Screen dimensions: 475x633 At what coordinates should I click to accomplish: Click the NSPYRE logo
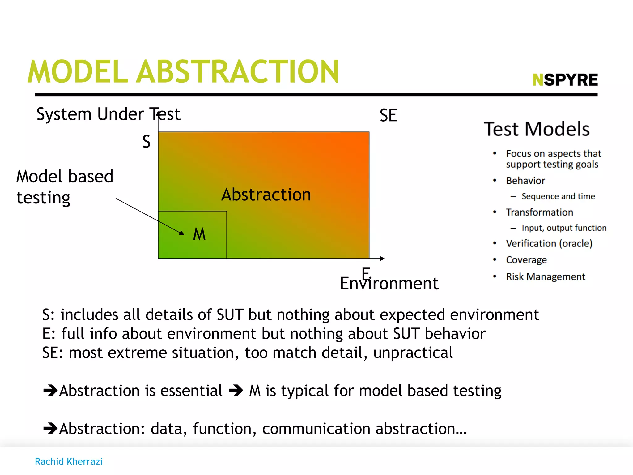click(565, 80)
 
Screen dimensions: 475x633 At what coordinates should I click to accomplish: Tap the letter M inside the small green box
click(199, 234)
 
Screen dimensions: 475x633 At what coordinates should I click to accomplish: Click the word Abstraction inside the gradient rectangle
click(266, 195)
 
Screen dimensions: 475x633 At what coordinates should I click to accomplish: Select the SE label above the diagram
click(388, 115)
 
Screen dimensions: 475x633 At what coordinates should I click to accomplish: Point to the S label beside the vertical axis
click(147, 142)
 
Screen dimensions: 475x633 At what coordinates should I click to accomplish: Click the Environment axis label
click(389, 283)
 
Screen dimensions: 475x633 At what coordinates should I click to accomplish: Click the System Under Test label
click(108, 114)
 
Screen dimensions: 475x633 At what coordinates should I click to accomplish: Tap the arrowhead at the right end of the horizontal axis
click(382, 259)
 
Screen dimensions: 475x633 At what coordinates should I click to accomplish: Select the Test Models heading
click(537, 129)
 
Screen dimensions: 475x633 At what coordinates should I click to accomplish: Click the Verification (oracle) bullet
click(549, 243)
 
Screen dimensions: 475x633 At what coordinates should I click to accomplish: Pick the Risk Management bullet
click(546, 276)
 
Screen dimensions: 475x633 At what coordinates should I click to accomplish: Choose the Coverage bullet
click(526, 260)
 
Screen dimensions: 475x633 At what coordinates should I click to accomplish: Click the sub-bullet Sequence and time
click(558, 196)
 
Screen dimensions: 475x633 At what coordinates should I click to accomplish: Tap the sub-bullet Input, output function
click(564, 228)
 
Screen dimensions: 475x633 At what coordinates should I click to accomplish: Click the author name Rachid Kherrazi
click(69, 461)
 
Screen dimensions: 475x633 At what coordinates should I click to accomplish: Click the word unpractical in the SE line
click(413, 353)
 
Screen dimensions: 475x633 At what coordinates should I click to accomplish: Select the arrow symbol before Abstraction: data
click(50, 428)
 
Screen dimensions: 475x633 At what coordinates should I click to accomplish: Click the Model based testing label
click(65, 187)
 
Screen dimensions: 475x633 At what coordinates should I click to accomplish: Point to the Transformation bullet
click(539, 212)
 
